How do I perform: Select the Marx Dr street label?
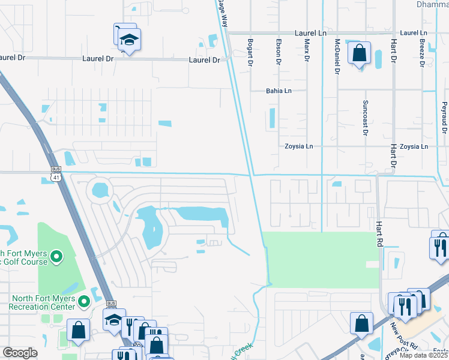307,51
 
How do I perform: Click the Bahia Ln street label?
279,91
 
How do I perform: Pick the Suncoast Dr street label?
364,118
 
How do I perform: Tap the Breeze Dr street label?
422,53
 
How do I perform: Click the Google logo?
20,353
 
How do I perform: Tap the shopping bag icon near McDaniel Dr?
359,54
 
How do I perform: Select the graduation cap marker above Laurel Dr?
128,40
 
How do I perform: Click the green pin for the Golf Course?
57,257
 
